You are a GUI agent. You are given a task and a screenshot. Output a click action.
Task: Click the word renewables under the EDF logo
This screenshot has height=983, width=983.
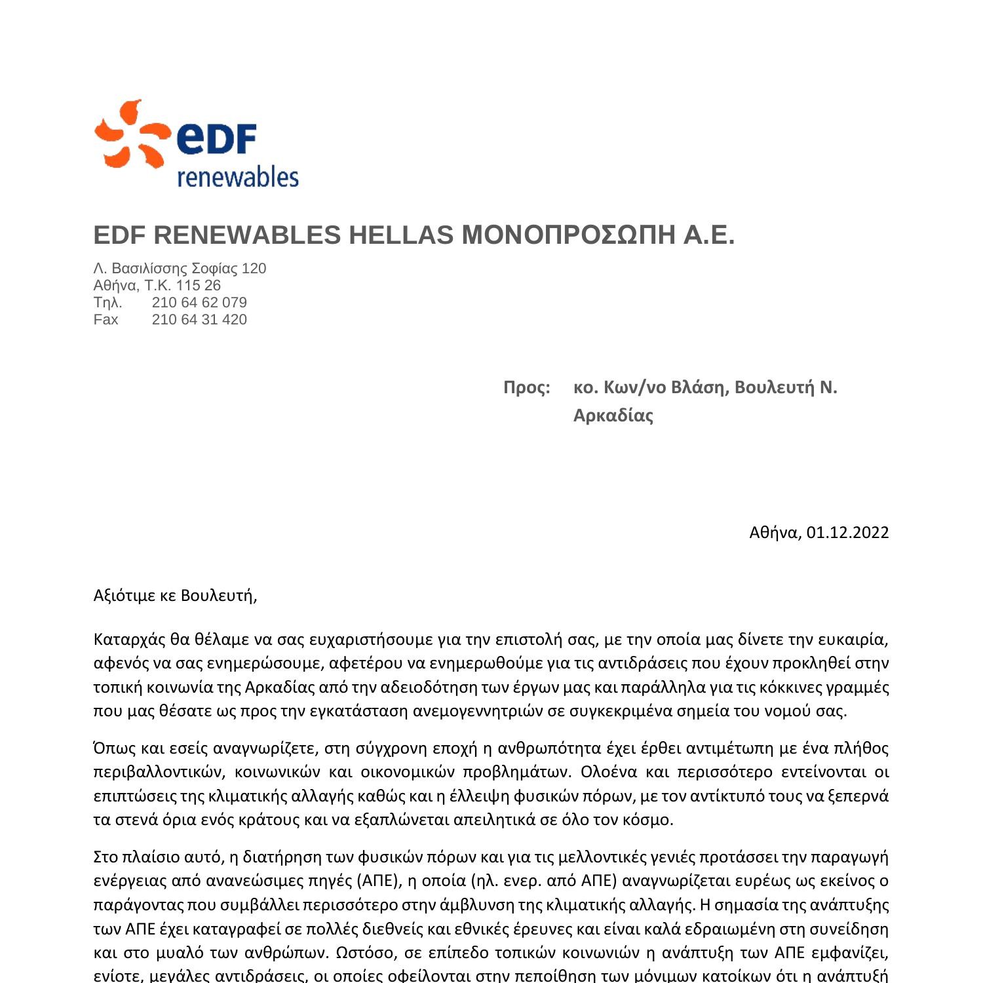(238, 177)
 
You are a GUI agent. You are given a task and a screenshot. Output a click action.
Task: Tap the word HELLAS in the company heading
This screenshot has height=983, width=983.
(400, 235)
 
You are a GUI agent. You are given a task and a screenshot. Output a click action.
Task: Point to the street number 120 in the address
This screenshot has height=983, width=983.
(254, 269)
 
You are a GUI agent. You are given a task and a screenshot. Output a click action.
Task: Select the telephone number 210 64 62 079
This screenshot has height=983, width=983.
(199, 303)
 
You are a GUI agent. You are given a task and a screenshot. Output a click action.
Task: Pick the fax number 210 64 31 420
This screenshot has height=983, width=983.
(199, 320)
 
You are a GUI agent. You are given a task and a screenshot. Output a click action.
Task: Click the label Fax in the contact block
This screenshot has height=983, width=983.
(106, 320)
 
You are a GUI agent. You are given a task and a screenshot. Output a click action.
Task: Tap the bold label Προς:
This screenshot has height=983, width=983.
(526, 387)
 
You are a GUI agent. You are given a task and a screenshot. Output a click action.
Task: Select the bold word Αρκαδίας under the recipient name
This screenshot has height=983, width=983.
(613, 415)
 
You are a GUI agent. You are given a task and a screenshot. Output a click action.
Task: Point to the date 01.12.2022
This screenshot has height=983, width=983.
(847, 532)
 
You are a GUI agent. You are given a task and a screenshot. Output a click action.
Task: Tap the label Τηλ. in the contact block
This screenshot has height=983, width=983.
(107, 303)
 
